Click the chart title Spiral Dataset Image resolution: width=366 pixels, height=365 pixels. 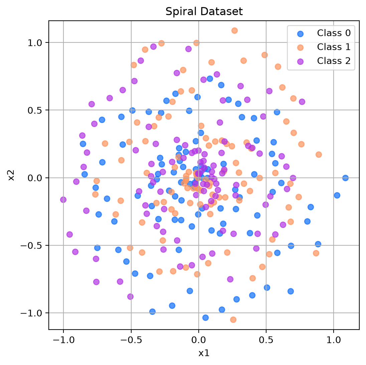click(x=204, y=11)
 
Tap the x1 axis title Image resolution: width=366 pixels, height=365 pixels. click(x=204, y=353)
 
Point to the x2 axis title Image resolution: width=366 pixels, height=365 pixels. click(x=11, y=175)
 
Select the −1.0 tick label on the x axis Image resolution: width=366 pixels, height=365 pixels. click(x=63, y=340)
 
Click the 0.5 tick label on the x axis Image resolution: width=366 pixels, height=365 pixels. click(x=266, y=340)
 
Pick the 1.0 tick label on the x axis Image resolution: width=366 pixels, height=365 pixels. click(x=334, y=340)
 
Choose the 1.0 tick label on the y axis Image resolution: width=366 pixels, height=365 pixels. click(x=35, y=43)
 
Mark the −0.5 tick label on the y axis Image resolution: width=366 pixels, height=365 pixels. click(x=31, y=246)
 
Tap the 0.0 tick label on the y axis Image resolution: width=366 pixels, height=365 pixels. click(x=35, y=178)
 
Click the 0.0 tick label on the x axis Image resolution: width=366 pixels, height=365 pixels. click(x=199, y=340)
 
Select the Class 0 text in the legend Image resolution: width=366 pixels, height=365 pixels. click(x=334, y=33)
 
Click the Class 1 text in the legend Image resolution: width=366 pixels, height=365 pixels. click(x=334, y=47)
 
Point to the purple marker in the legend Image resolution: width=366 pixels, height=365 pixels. click(x=301, y=62)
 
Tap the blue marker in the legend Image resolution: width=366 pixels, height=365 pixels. click(x=301, y=34)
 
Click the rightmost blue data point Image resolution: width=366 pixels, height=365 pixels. click(x=345, y=178)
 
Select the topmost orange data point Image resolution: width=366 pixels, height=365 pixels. click(x=234, y=31)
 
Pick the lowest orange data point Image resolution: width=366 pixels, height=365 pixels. click(x=233, y=320)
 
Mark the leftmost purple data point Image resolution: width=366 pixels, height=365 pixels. click(x=63, y=200)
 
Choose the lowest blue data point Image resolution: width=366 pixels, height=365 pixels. click(x=205, y=318)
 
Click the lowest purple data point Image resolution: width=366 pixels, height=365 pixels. click(x=131, y=296)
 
